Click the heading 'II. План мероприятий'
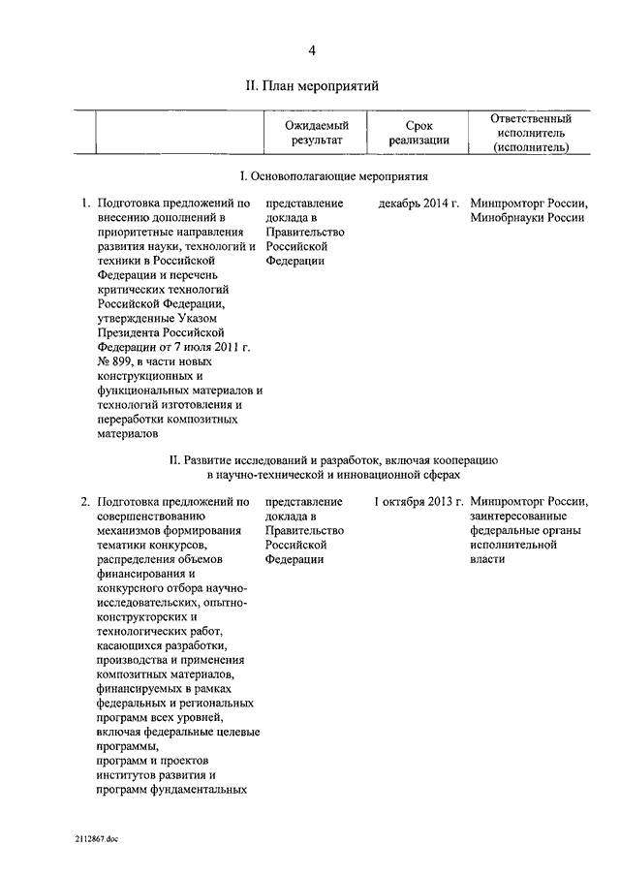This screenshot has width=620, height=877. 311,86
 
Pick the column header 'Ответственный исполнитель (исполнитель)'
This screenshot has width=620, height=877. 529,133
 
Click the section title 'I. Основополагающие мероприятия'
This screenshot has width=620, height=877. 333,177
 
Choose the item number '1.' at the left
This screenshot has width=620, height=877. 86,204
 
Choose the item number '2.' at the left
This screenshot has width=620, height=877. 86,502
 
